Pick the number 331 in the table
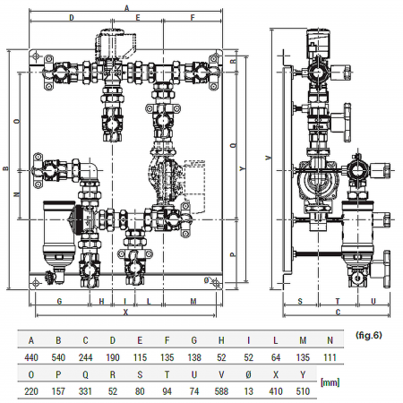coord(86,391)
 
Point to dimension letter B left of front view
coord(5,167)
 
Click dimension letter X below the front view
coord(124,313)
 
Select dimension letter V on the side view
coord(270,158)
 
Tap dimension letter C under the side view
coord(337,312)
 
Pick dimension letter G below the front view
coord(59,301)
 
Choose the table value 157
coord(59,391)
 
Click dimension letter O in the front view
coord(17,121)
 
